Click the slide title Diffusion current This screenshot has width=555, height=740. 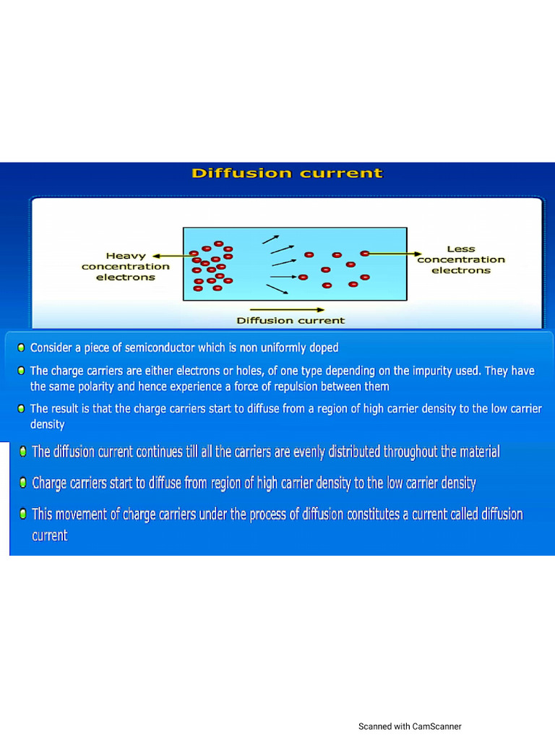287,173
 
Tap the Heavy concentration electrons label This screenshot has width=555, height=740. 126,266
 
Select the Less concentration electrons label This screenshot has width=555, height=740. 461,259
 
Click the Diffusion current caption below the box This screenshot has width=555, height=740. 291,320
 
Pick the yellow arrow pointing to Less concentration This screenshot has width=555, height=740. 395,254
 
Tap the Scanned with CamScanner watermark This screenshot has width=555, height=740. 410,726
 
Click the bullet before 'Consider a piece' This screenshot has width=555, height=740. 22,348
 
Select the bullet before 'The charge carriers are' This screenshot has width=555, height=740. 22,371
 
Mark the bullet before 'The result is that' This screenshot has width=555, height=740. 22,409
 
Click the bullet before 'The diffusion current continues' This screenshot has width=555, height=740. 23,452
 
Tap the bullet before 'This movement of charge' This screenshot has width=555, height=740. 23,514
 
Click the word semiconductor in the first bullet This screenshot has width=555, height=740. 160,348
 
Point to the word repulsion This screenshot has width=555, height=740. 307,387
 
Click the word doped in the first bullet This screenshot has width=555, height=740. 323,348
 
